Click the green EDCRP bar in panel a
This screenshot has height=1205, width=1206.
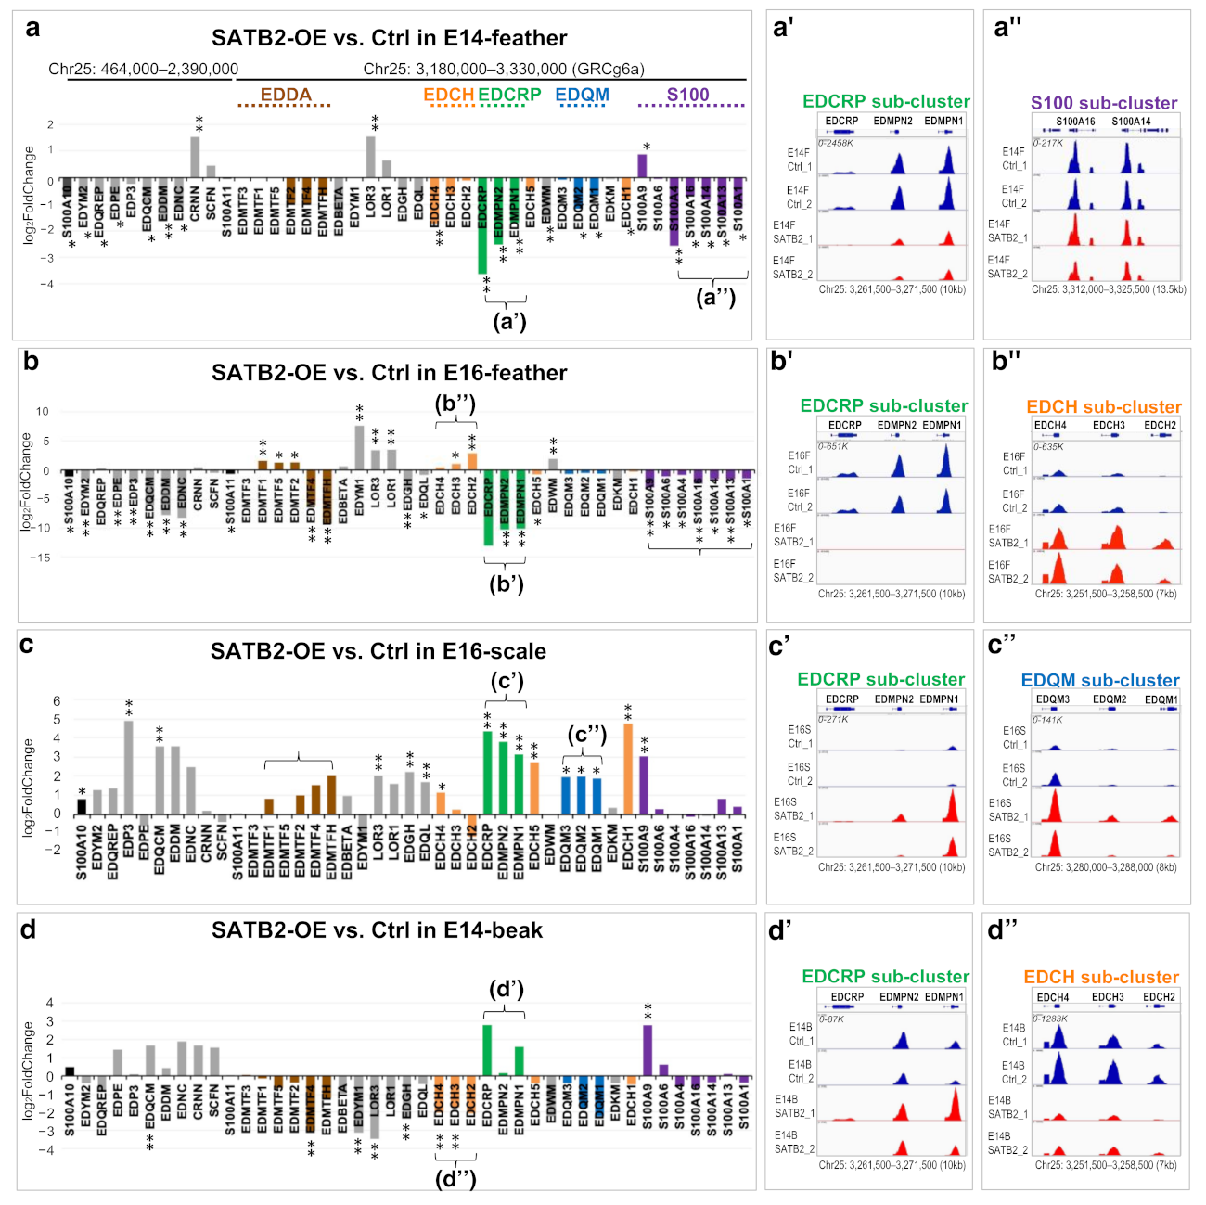tap(482, 227)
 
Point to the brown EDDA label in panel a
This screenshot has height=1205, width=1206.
tap(286, 95)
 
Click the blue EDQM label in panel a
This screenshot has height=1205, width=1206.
tap(582, 95)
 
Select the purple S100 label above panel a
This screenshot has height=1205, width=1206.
tap(687, 95)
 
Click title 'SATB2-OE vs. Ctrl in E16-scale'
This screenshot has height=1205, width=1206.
tap(378, 651)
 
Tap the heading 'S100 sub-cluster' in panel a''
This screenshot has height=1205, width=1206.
tap(1104, 103)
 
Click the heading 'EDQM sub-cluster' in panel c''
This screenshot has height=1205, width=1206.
tap(1100, 680)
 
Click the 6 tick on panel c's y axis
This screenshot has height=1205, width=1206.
tap(57, 701)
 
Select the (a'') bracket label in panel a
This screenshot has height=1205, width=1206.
tap(715, 298)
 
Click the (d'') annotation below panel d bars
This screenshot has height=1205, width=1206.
tap(455, 1178)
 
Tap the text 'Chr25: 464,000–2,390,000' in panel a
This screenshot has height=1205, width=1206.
tap(144, 69)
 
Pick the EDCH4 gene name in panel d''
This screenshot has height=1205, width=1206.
tap(1053, 997)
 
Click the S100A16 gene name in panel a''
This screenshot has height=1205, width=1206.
tap(1075, 122)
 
